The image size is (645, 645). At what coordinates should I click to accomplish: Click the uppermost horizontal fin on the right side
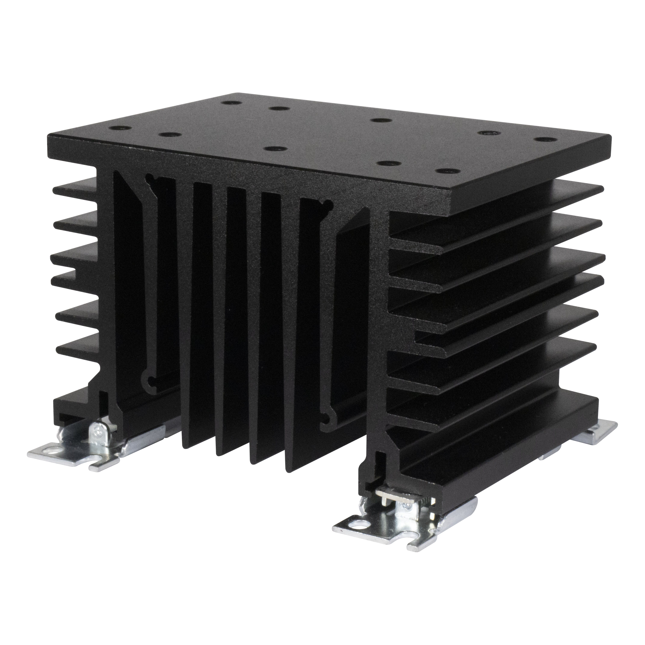tap(501, 200)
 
